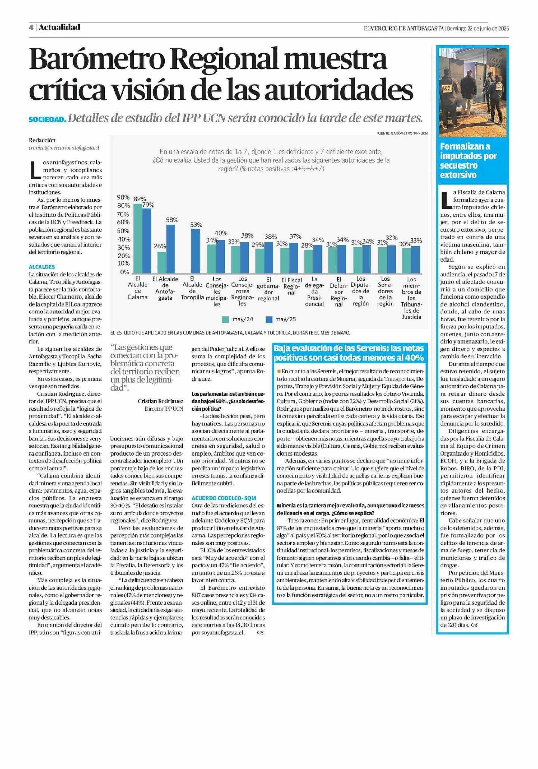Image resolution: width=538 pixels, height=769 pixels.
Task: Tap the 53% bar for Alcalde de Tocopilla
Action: coord(195,250)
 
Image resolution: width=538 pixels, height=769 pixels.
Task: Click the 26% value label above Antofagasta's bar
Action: coord(160,246)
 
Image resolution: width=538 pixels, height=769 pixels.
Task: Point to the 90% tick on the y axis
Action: coord(123,197)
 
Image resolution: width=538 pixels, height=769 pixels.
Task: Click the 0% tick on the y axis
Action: coord(125,272)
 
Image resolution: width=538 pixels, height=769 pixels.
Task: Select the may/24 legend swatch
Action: coord(225,319)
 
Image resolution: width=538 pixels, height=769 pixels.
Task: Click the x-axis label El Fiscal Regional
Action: coord(292,286)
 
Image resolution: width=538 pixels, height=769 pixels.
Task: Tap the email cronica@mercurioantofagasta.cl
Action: coord(64,147)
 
